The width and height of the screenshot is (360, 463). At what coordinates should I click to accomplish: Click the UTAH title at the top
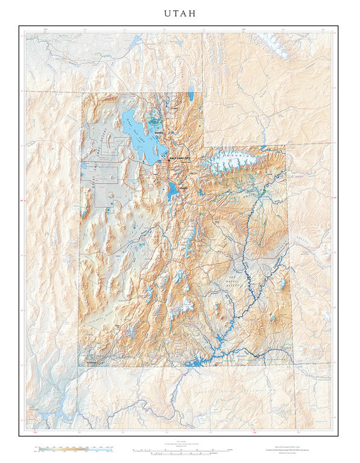[180, 13]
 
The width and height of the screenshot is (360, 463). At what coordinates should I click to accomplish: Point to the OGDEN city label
[159, 133]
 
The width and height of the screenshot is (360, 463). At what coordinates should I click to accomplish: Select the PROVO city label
[183, 189]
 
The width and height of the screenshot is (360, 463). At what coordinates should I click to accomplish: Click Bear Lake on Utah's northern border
[191, 94]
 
